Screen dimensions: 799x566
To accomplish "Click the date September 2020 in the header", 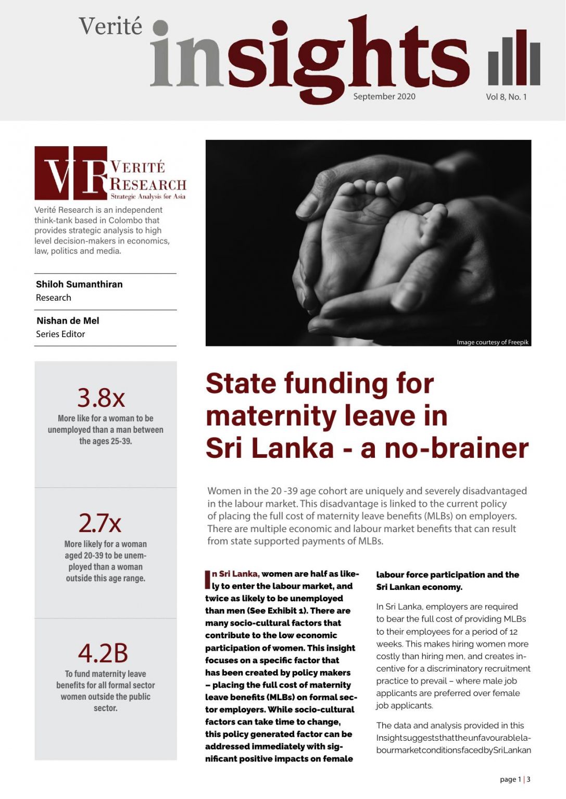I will click(384, 96).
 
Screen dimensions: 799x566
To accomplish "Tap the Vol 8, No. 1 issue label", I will click(506, 97).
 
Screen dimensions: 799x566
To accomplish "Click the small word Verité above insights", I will click(110, 26).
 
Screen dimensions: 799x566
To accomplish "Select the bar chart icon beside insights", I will click(514, 58).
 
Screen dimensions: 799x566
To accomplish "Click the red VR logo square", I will click(71, 173).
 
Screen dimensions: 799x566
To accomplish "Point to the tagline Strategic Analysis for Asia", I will click(148, 197).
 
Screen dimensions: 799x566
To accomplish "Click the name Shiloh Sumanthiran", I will click(79, 284).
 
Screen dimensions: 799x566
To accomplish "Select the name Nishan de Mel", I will click(68, 320).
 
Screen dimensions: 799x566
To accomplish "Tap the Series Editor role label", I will click(60, 334).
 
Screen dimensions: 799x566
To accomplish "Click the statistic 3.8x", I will click(101, 398).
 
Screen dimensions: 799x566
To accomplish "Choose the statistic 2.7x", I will click(100, 523).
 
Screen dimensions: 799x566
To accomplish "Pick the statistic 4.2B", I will click(103, 653).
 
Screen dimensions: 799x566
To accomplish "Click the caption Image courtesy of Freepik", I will click(492, 342).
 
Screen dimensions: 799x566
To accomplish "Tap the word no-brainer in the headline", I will click(457, 448).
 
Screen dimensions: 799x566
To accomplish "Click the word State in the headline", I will click(241, 383).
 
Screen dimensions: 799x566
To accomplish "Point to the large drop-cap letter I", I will click(208, 579).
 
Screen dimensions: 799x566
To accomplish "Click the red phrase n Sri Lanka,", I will click(235, 574).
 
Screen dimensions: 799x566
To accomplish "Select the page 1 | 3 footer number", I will click(515, 779).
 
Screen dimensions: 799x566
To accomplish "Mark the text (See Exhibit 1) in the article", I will click(274, 611).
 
